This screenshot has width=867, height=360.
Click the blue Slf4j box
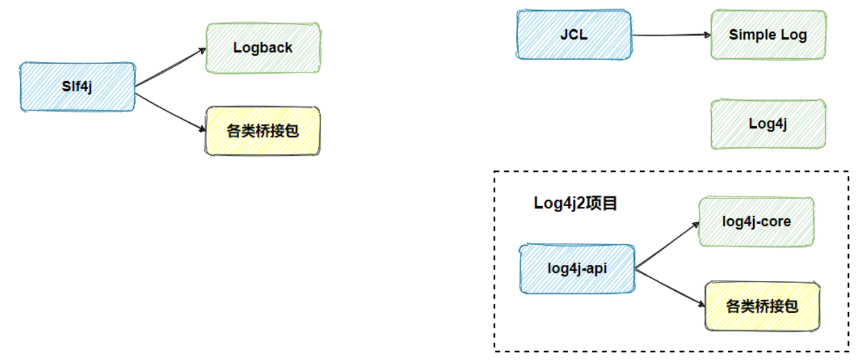tap(78, 87)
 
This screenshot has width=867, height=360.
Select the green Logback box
tap(262, 48)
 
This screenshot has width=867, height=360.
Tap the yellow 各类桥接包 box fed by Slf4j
tap(262, 131)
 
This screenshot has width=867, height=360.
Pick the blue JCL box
tap(574, 35)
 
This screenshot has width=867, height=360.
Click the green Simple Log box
tap(767, 35)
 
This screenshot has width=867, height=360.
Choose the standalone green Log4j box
tap(767, 124)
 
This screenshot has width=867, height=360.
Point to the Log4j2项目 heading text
tap(575, 203)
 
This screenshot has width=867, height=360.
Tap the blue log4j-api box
tap(577, 268)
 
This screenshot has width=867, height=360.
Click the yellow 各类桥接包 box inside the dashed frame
tap(762, 306)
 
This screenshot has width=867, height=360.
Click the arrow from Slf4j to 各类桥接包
tap(169, 111)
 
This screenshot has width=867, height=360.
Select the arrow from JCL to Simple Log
tap(670, 35)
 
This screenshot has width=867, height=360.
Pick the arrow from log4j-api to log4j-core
tap(667, 245)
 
